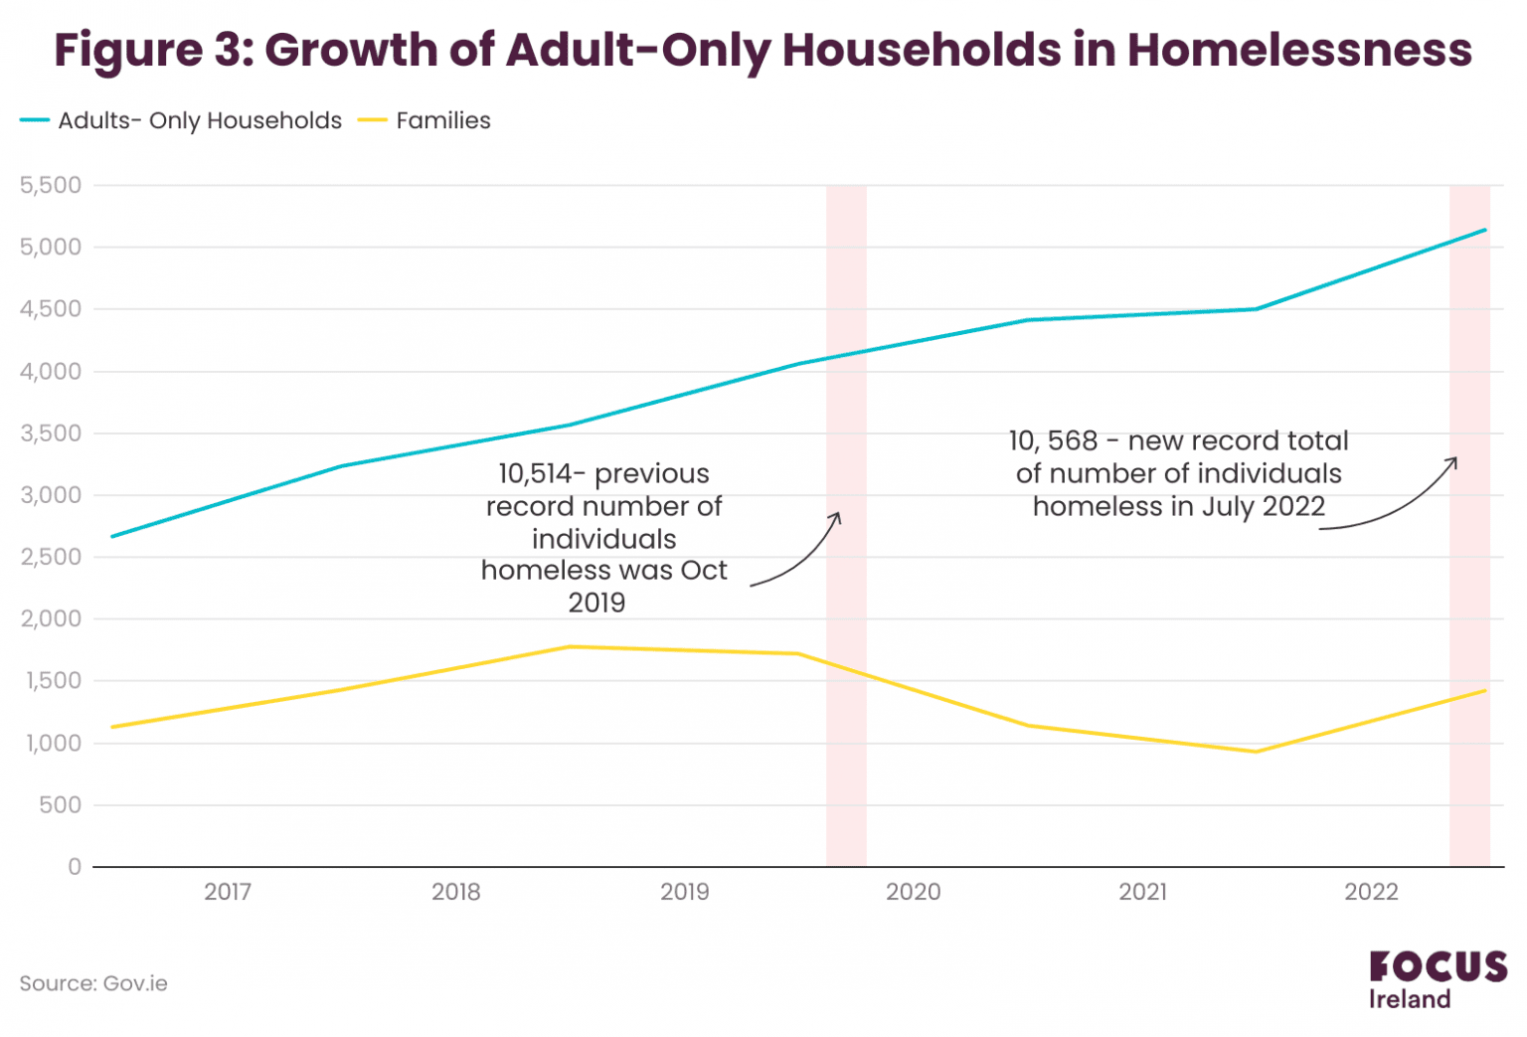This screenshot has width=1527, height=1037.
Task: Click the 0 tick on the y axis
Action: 75,867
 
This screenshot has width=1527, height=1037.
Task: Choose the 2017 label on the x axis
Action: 228,892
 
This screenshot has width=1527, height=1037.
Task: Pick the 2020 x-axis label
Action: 913,892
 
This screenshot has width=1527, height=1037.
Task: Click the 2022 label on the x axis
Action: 1371,892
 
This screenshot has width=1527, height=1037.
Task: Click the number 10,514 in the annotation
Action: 535,473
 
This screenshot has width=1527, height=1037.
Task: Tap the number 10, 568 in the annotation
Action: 1053,440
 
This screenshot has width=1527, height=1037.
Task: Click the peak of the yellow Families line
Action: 570,646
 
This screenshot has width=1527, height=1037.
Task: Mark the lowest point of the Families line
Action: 1256,752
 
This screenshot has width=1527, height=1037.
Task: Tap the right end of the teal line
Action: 1485,230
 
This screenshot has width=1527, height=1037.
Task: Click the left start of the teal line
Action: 111,536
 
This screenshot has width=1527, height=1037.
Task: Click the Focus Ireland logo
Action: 1437,979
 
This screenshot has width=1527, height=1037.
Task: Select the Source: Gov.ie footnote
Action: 93,983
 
